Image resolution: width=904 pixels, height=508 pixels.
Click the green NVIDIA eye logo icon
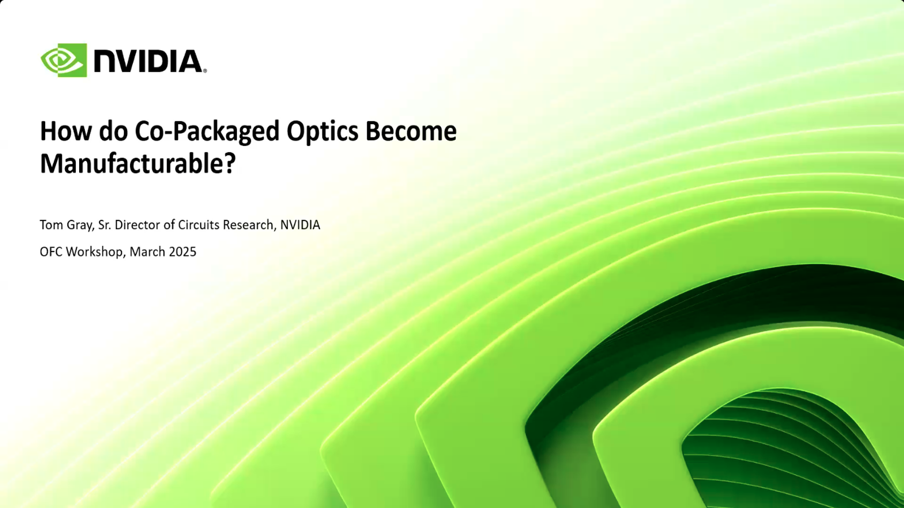click(x=64, y=60)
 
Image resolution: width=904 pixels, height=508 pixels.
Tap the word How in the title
click(x=65, y=131)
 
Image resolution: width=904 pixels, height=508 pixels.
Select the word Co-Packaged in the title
click(x=207, y=131)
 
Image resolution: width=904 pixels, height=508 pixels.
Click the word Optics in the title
click(x=322, y=131)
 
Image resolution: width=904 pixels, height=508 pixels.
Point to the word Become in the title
click(x=411, y=131)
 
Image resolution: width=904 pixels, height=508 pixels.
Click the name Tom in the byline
click(x=51, y=225)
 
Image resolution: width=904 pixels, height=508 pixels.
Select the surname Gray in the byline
click(x=80, y=225)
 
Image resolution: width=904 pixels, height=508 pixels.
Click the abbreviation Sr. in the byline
click(x=105, y=225)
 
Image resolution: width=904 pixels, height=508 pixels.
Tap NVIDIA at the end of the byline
click(x=300, y=225)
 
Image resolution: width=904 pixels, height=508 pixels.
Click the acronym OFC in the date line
click(x=51, y=252)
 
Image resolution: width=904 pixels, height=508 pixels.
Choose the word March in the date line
click(x=147, y=252)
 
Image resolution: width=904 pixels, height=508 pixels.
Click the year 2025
click(x=182, y=252)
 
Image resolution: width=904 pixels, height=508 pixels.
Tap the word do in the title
click(x=113, y=131)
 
